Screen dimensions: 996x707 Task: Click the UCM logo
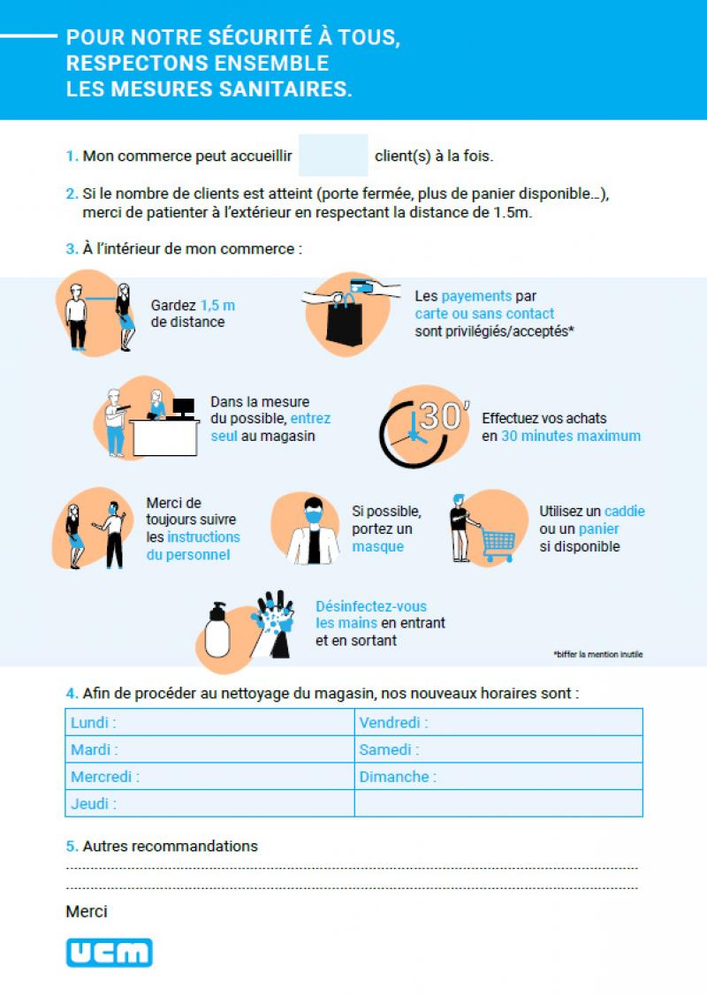pyautogui.click(x=109, y=952)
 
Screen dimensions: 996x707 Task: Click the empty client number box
pyautogui.click(x=333, y=156)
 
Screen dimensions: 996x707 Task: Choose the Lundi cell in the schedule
pyautogui.click(x=209, y=723)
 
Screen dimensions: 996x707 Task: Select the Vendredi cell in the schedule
pyautogui.click(x=498, y=723)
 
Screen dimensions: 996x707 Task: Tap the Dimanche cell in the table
pyautogui.click(x=498, y=777)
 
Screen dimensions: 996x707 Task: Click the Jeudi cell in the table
pyautogui.click(x=209, y=804)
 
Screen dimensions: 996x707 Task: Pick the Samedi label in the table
pyautogui.click(x=389, y=750)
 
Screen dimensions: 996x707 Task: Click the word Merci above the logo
pyautogui.click(x=87, y=911)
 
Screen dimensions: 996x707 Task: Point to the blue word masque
pyautogui.click(x=377, y=547)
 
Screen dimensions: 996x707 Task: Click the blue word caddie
pyautogui.click(x=625, y=511)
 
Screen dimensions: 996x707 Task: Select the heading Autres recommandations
pyautogui.click(x=170, y=846)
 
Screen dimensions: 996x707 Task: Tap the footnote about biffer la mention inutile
pyautogui.click(x=598, y=655)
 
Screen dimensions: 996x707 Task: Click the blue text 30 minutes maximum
pyautogui.click(x=571, y=436)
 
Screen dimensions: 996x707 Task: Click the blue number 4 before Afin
pyautogui.click(x=71, y=693)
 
